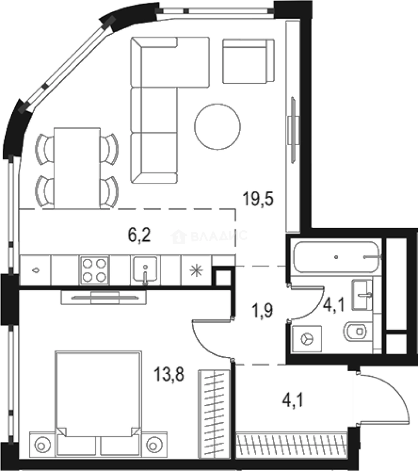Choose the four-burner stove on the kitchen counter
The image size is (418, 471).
point(94,270)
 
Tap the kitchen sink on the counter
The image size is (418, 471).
point(145,270)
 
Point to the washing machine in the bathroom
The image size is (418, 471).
point(307,338)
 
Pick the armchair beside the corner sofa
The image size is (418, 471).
point(248,61)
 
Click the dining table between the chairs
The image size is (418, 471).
point(77,167)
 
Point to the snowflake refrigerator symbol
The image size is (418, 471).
point(196,270)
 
